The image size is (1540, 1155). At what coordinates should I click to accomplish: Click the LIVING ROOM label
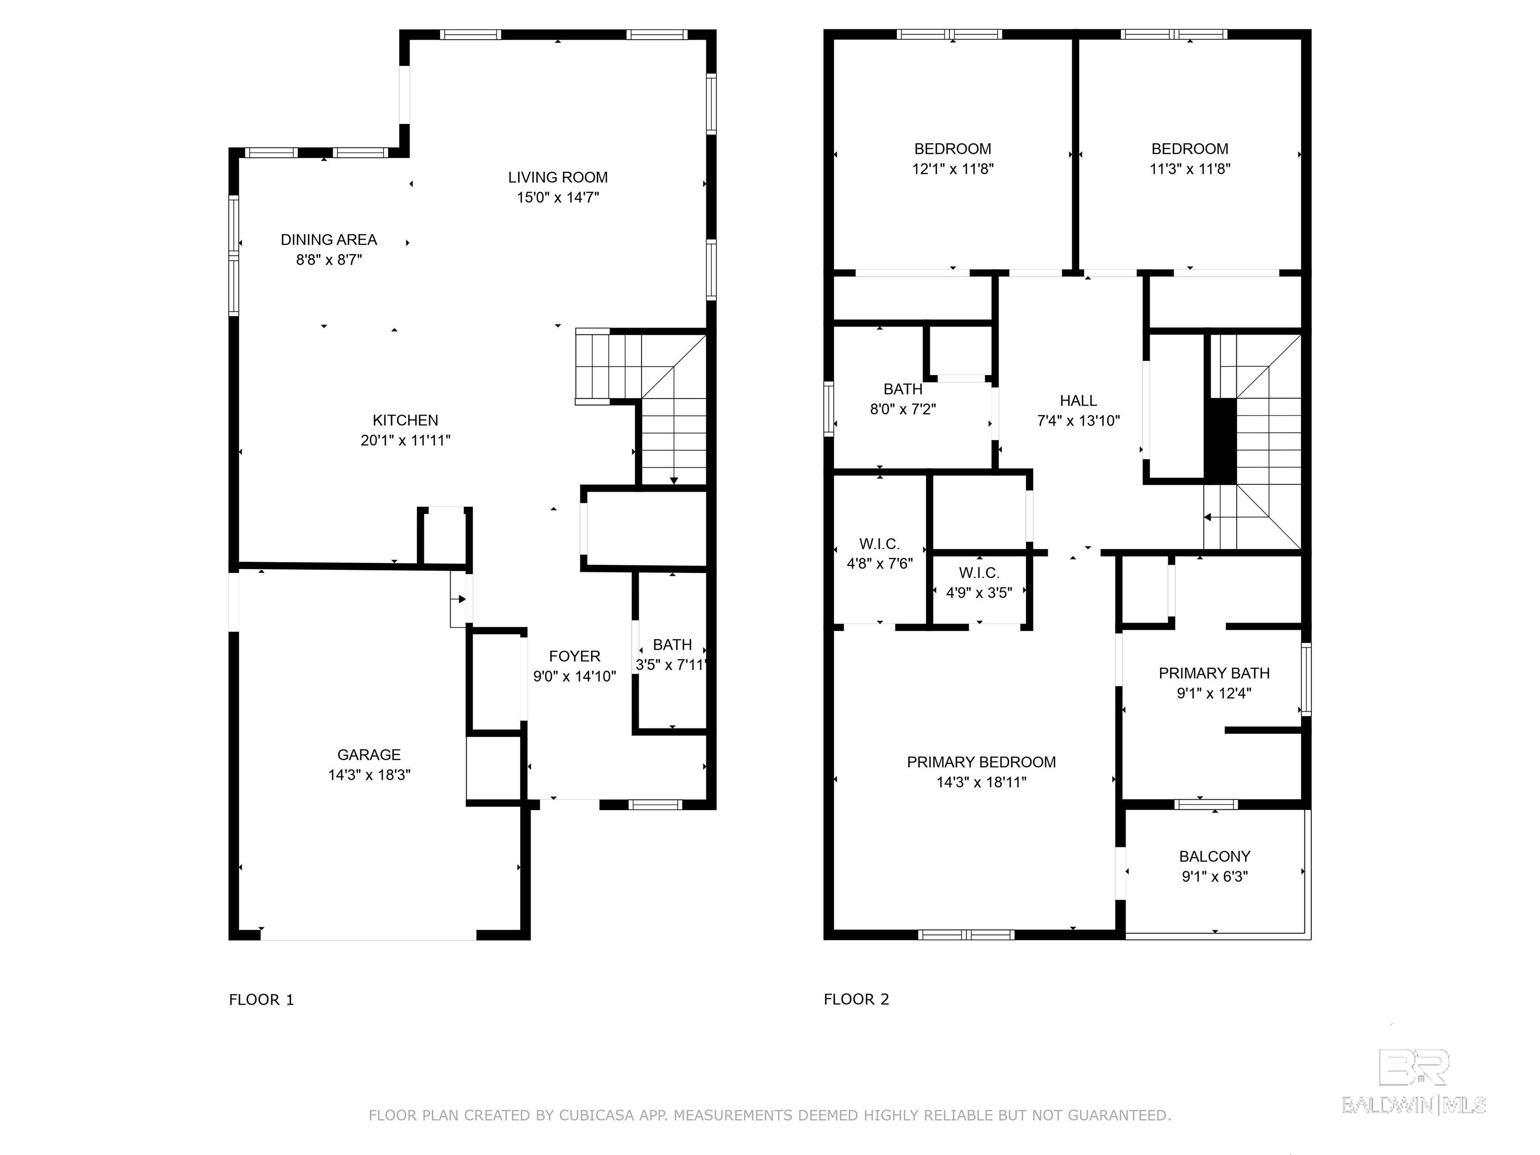pos(557,177)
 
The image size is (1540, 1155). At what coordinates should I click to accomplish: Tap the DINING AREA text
pos(329,240)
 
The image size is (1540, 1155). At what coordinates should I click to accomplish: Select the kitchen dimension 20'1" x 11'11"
pos(405,440)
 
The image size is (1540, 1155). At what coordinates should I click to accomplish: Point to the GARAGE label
pos(369,754)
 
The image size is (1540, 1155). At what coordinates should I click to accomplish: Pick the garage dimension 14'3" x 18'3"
pos(369,775)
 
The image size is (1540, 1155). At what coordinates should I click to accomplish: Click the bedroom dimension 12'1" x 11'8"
pos(952,168)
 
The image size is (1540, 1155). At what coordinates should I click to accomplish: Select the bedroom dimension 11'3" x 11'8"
pos(1190,168)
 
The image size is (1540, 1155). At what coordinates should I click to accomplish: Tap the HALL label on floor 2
pos(1078,401)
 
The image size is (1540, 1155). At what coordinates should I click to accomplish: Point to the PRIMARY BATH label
pos(1214,673)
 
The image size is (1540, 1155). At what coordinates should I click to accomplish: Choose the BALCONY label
pos(1215,856)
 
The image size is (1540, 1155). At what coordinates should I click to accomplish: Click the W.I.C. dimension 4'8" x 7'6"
pos(879,563)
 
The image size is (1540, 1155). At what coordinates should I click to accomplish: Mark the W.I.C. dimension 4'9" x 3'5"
pos(979,593)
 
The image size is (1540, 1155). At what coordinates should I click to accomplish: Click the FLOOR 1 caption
pos(262,1000)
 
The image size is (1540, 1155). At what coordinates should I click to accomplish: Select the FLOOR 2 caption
pos(856,999)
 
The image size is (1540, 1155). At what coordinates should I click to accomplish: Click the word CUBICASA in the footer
pos(597,1115)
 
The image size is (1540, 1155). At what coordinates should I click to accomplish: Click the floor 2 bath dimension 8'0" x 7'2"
pos(903,409)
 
